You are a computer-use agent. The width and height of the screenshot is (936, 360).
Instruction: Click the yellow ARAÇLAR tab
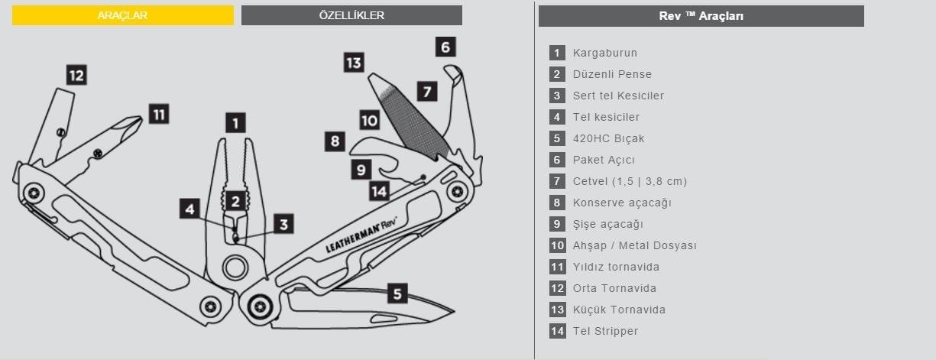pos(122,15)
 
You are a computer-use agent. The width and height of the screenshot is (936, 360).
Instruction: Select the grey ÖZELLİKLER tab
pos(351,15)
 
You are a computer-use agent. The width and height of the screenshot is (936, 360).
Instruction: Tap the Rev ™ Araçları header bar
pos(701,16)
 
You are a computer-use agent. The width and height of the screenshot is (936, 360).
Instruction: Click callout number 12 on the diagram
pos(76,75)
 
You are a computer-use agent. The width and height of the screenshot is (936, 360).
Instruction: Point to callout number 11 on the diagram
pos(158,115)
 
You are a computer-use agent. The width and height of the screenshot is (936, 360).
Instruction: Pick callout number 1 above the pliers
pos(235,122)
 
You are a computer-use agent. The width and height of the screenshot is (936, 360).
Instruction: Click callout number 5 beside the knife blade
pos(397,293)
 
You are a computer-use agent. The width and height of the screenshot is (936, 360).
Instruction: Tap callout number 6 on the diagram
pos(447,47)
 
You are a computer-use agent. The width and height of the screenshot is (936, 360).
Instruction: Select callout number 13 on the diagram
pos(353,63)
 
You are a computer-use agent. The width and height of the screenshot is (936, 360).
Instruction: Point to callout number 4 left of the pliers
pos(190,208)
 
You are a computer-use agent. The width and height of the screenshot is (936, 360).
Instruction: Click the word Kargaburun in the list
pos(605,53)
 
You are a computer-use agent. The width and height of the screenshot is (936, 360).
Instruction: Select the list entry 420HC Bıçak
pos(609,138)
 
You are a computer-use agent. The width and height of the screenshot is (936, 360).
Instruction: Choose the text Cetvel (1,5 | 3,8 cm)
pos(630,181)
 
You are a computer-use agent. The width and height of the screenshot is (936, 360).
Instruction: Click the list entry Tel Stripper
pos(605,331)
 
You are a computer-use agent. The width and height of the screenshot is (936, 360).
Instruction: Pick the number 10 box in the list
pos(557,245)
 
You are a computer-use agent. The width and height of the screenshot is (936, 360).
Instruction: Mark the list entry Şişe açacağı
pos(608,224)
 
